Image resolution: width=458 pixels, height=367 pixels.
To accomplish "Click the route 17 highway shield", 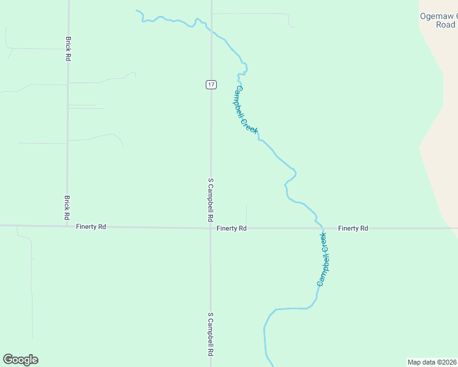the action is (211, 84).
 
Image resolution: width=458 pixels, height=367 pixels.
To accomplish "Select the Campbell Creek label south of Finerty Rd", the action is (323, 259).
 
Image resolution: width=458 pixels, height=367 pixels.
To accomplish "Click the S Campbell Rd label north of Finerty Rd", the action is (211, 199).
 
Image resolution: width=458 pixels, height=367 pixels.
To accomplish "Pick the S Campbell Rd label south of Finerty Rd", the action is (211, 334).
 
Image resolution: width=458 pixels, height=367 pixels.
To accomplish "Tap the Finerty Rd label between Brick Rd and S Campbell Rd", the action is (91, 226).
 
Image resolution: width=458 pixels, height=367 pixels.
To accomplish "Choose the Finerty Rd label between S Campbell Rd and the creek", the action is (231, 228).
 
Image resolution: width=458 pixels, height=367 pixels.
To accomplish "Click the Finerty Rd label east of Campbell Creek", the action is (353, 228).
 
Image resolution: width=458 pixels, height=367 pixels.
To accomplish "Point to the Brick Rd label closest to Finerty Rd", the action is (67, 207).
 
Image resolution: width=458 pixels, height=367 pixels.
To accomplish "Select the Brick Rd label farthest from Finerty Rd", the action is (67, 48).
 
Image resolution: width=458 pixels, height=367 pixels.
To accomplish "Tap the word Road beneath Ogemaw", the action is (446, 25).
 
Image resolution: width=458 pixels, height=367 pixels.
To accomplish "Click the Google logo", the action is (20, 360).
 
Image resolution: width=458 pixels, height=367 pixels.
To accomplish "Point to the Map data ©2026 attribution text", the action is (432, 361).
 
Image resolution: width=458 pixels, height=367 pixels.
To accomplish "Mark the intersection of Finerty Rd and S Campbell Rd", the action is (211, 228).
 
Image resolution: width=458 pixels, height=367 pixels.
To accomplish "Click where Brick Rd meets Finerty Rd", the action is (67, 226).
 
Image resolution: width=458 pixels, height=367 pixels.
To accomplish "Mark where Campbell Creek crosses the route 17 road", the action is (211, 30).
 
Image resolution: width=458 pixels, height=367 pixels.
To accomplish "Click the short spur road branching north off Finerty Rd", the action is (246, 215).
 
